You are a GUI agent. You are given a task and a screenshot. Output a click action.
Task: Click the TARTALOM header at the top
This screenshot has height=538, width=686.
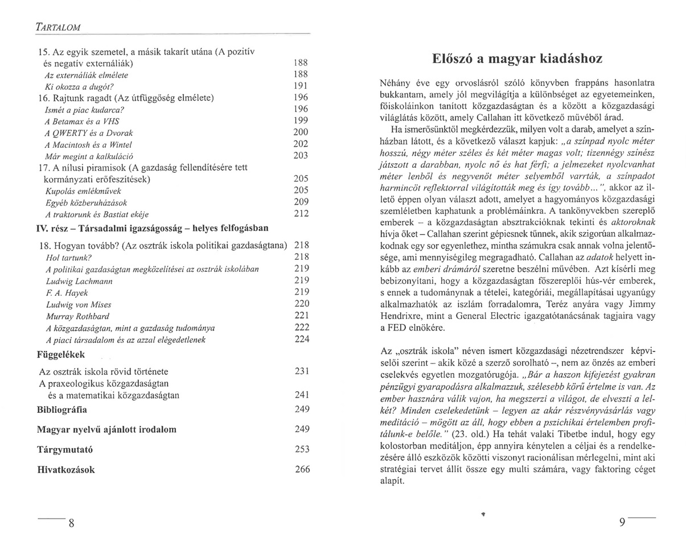(x=57, y=26)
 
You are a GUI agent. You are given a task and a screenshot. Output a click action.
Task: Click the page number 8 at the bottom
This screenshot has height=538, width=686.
(x=72, y=524)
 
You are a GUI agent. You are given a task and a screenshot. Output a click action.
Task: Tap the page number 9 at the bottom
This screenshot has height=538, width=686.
(x=622, y=523)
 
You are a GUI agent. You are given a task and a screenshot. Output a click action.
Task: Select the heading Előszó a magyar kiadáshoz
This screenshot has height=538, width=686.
(x=517, y=59)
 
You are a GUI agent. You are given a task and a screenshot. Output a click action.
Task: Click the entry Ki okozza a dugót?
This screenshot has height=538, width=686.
(x=79, y=86)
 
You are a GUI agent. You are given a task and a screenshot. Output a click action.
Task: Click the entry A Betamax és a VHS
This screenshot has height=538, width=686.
(x=81, y=121)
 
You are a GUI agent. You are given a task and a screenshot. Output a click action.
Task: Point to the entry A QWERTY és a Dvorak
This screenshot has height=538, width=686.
(x=88, y=133)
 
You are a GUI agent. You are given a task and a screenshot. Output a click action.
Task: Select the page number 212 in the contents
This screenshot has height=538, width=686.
(x=301, y=214)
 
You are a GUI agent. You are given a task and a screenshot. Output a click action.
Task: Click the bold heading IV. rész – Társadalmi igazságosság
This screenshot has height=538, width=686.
(x=152, y=228)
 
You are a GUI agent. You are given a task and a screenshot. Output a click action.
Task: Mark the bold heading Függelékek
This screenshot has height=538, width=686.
(x=61, y=355)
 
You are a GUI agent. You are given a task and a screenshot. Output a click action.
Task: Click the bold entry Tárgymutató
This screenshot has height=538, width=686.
(x=65, y=449)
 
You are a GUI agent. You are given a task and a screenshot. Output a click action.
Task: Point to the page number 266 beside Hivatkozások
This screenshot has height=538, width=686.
(x=302, y=470)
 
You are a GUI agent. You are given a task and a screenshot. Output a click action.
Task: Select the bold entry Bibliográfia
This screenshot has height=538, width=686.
(x=62, y=409)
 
